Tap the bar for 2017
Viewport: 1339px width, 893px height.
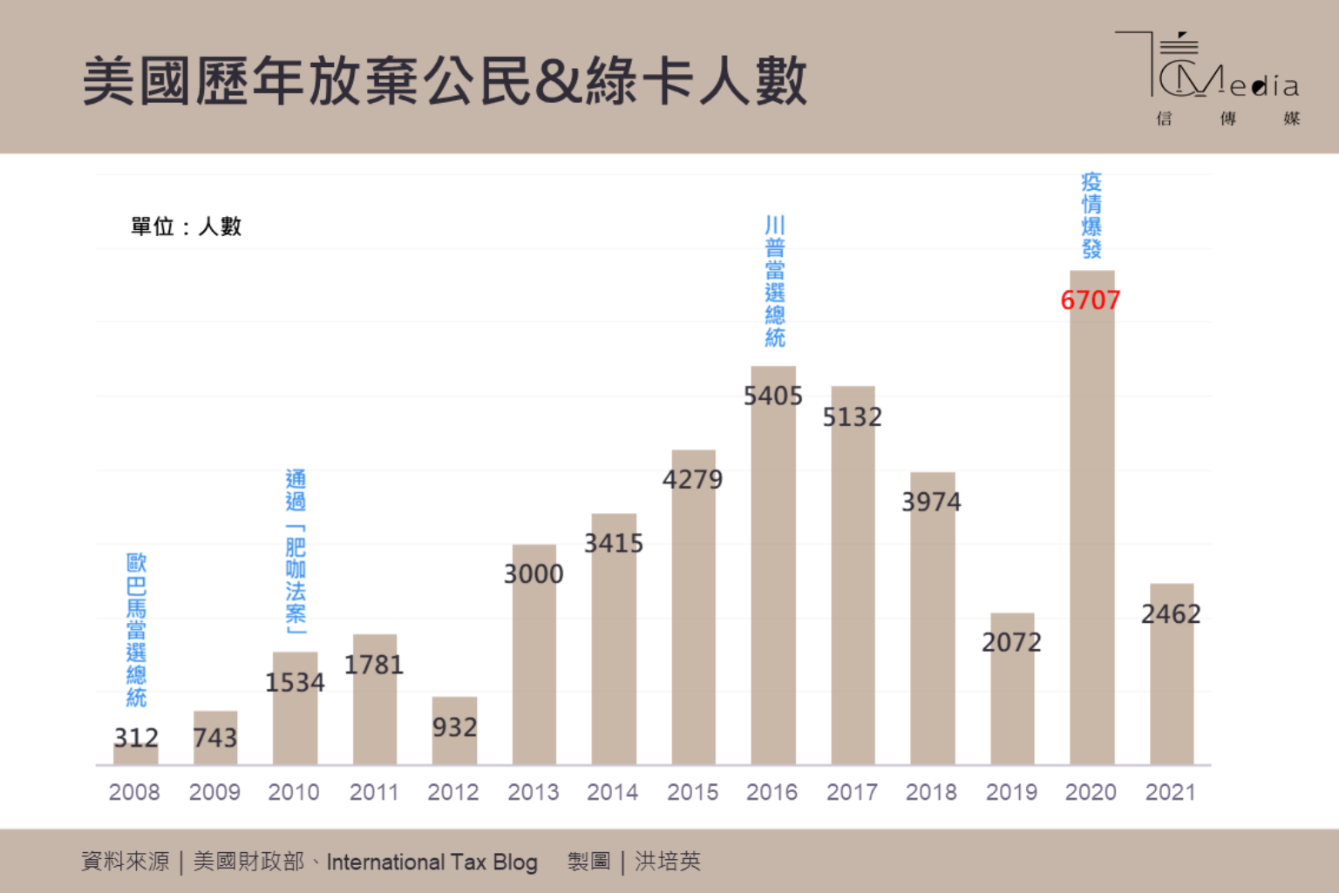pos(853,592)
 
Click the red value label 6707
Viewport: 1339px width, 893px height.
pos(1090,301)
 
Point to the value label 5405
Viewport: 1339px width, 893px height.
pos(772,396)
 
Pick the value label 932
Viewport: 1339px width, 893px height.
pos(454,727)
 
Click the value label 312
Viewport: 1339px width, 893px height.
pos(136,738)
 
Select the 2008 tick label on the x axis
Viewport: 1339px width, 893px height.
pos(134,792)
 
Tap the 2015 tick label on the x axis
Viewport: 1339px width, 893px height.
pos(693,792)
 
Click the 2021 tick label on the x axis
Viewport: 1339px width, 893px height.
pos(1170,792)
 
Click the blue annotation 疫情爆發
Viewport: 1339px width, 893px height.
pos(1091,216)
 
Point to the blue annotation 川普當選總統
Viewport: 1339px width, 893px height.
pos(774,281)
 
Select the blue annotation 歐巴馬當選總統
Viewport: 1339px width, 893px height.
pos(136,629)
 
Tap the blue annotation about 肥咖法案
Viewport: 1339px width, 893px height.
pos(296,551)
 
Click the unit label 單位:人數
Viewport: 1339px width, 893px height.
pos(186,227)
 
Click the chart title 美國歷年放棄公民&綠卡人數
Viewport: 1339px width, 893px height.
pos(445,81)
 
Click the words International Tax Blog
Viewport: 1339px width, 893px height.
pos(432,862)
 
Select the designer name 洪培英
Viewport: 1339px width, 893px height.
pos(668,862)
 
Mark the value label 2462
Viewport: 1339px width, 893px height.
pos(1171,614)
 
